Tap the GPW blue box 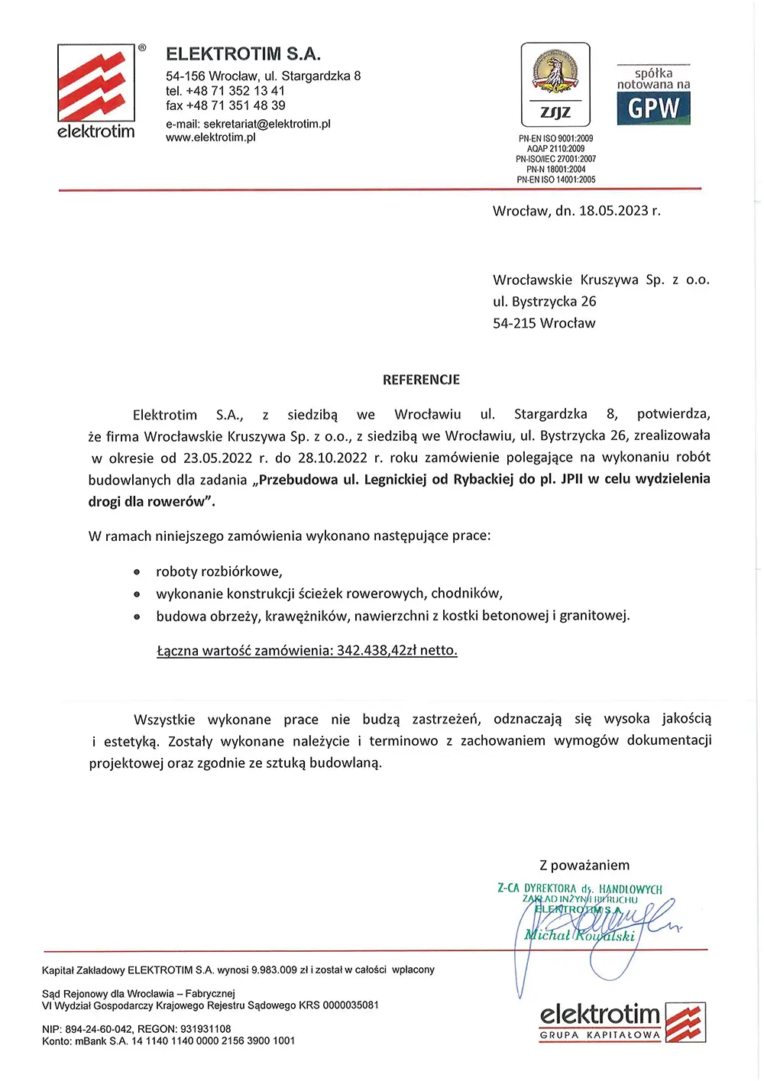(x=653, y=108)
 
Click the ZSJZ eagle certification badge (x=555, y=84)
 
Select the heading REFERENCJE (x=421, y=380)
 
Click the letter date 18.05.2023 (x=613, y=211)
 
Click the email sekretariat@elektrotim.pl (x=267, y=124)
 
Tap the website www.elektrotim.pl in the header (x=211, y=138)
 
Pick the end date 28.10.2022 (x=333, y=458)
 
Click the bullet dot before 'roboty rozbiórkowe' (x=137, y=571)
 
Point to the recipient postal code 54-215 (x=514, y=323)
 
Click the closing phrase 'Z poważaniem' (x=584, y=866)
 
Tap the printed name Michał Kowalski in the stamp (x=579, y=936)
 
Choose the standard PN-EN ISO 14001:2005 (x=555, y=180)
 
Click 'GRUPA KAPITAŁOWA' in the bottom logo (x=600, y=1035)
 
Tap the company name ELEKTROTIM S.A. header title (x=243, y=54)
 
